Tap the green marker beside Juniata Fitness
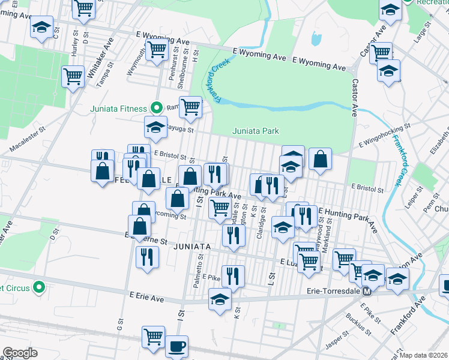(x=157, y=108)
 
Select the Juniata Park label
(x=256, y=131)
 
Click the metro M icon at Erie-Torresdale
(x=366, y=291)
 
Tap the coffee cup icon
(x=176, y=346)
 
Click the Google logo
(x=20, y=353)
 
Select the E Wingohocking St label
(x=384, y=136)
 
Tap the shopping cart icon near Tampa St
(x=73, y=76)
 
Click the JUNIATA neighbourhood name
(x=191, y=247)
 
